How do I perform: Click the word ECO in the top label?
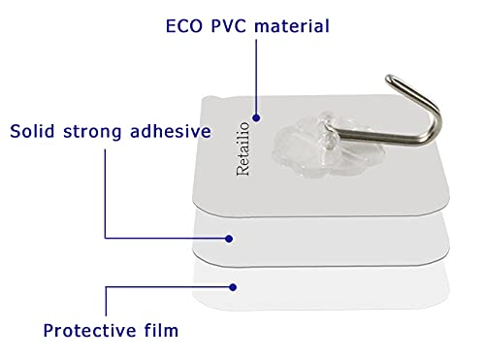click(x=184, y=26)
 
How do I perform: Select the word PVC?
click(x=228, y=26)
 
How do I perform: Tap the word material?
click(x=292, y=26)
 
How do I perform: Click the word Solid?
click(x=32, y=131)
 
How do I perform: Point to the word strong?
click(x=92, y=132)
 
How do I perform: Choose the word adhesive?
click(x=171, y=131)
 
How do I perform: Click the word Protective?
click(x=89, y=331)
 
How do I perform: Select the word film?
click(x=161, y=330)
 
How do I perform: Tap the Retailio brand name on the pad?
click(x=243, y=148)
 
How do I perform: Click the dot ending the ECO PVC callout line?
click(x=256, y=118)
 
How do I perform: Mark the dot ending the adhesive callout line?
click(x=229, y=239)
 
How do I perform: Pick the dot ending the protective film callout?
click(x=233, y=287)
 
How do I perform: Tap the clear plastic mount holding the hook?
click(x=328, y=145)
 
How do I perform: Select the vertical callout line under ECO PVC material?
click(x=256, y=77)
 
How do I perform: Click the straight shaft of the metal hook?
click(x=378, y=137)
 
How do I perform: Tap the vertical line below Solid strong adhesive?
click(x=105, y=193)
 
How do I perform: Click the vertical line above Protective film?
click(x=106, y=302)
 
